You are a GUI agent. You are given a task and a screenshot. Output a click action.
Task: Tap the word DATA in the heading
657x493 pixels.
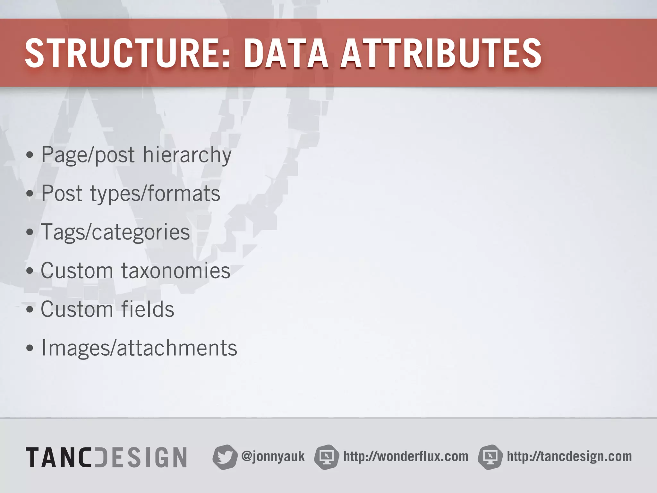coord(286,53)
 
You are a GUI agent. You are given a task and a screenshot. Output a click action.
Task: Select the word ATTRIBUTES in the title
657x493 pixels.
coord(441,53)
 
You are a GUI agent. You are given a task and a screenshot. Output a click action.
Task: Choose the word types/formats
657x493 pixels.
coord(155,194)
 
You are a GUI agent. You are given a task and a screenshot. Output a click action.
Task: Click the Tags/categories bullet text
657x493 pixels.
coord(115,232)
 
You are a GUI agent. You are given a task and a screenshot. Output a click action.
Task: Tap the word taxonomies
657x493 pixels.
coord(175,271)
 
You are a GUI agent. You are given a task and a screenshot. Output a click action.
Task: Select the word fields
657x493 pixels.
coord(148,309)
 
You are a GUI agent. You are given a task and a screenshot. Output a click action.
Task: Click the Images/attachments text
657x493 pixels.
coord(139,348)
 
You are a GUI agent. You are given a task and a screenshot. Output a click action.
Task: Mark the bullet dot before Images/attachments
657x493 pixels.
coord(30,349)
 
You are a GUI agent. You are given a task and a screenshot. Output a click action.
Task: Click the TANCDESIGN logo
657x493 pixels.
coord(106,457)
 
